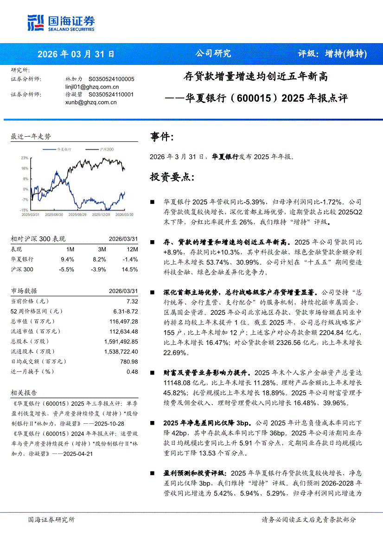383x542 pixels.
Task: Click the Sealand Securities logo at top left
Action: coord(61,22)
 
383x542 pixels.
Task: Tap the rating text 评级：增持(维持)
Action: coord(332,54)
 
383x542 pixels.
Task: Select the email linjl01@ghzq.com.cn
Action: coord(92,87)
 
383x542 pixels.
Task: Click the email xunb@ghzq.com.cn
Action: coord(91,102)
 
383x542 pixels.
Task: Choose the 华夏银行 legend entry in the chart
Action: coord(64,150)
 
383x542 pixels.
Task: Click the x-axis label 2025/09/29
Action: coord(77,215)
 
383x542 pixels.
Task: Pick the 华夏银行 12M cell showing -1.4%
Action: coord(131,259)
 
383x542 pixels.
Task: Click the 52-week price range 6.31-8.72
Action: coord(126,311)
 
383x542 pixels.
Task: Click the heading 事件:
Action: coord(162,137)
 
